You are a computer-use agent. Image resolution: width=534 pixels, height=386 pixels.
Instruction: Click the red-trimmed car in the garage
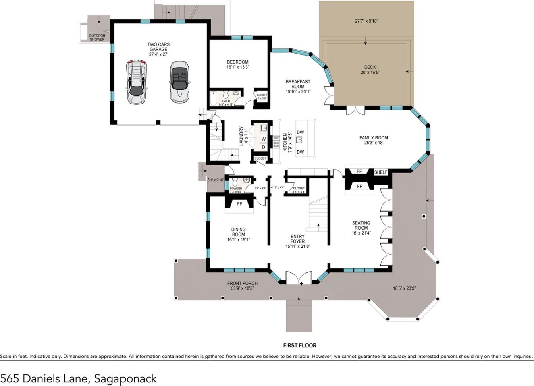click(137, 82)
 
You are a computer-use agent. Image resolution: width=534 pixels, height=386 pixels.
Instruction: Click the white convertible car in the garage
click(179, 82)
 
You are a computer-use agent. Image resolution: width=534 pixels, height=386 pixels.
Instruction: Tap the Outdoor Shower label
click(97, 37)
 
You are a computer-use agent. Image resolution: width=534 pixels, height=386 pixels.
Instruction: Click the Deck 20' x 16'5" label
click(370, 70)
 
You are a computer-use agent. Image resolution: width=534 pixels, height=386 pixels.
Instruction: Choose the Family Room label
click(374, 140)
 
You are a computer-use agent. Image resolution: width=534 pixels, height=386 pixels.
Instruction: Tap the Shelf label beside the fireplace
click(381, 172)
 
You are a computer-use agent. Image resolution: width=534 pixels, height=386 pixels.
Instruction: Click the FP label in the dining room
click(239, 204)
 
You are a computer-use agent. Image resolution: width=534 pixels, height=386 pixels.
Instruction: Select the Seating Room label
click(361, 228)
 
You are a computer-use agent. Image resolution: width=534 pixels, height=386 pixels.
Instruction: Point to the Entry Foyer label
click(297, 241)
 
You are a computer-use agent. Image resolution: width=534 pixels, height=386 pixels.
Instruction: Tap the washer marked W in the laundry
click(264, 139)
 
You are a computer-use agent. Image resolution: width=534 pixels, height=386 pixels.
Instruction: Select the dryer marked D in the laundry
click(264, 147)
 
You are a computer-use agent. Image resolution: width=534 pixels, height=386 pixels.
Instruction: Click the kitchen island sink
click(299, 140)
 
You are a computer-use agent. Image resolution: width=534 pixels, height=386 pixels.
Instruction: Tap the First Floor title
click(299, 345)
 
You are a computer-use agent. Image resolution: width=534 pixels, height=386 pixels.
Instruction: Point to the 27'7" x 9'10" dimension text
click(366, 21)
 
